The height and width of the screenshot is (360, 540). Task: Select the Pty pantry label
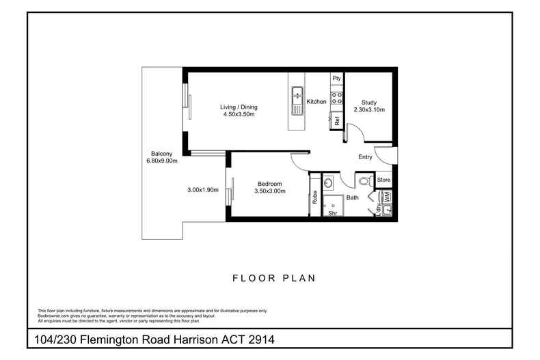[336, 79]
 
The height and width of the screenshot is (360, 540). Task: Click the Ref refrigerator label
[336, 120]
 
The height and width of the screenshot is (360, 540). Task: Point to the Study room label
[369, 102]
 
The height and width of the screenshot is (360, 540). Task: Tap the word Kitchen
[316, 102]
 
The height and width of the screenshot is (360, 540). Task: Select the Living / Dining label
[239, 107]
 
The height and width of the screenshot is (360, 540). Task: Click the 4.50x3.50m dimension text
[239, 115]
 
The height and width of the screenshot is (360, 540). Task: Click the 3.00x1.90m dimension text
[202, 190]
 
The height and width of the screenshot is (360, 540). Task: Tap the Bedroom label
[271, 184]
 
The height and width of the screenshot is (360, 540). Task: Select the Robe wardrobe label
[314, 197]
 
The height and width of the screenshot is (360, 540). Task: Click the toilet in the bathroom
[364, 181]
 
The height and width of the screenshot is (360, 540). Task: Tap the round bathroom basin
[327, 183]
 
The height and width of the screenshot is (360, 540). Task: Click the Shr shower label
[333, 213]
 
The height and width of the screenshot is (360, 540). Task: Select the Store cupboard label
[383, 180]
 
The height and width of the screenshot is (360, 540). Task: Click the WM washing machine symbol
[386, 196]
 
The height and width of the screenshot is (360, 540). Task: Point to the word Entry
[365, 157]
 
